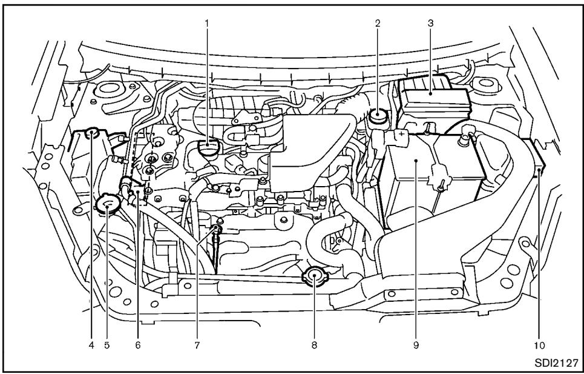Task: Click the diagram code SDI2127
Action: coord(555,362)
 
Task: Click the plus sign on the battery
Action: coord(401,133)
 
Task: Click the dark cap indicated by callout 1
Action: coord(207,147)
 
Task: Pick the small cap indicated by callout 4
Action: coord(92,132)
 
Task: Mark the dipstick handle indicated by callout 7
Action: coord(215,230)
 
